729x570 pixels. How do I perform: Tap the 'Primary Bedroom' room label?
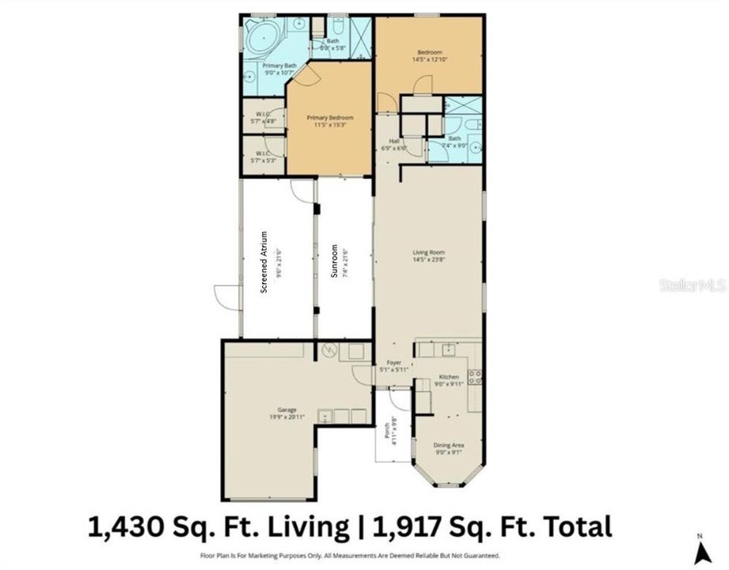(329, 117)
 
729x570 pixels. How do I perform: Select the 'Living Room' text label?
(428, 253)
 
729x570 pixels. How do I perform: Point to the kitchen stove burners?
(475, 378)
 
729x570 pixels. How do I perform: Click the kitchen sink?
(448, 348)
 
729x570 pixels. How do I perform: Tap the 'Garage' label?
(275, 409)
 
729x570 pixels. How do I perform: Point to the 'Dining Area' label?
(449, 446)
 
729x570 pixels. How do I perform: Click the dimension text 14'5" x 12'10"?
(428, 59)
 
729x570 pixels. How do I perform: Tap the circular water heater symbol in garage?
(326, 351)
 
